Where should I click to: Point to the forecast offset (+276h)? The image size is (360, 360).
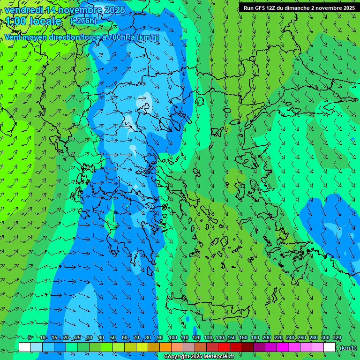click(83, 21)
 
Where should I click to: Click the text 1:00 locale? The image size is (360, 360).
click(34, 22)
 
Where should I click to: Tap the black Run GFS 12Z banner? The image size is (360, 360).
click(299, 8)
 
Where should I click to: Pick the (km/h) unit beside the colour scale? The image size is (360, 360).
click(348, 348)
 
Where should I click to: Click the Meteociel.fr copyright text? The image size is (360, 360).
click(199, 357)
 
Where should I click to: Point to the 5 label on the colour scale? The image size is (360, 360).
click(30, 338)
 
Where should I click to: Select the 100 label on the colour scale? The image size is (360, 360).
click(172, 338)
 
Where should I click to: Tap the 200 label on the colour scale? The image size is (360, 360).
click(266, 338)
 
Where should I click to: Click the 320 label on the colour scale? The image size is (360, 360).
click(337, 338)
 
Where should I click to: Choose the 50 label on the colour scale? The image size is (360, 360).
click(112, 338)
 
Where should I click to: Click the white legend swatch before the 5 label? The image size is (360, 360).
click(25, 347)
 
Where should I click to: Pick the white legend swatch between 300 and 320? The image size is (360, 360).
click(330, 347)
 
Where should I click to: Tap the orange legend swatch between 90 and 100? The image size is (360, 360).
click(165, 347)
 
